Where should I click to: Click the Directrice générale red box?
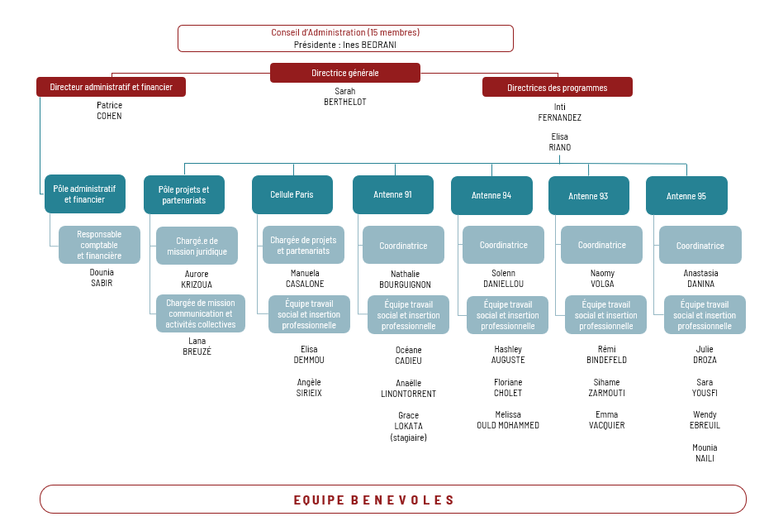344,73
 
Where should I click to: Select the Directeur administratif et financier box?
111,87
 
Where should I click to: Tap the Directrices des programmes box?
557,88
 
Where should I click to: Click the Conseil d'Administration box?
345,38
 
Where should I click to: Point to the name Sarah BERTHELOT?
344,96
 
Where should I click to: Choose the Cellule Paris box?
292,194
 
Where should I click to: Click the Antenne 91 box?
393,194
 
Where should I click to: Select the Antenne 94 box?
491,195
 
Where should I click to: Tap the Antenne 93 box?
588,196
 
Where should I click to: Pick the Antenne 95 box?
686,196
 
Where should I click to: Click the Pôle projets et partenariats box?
184,194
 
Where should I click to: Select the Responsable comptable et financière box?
100,245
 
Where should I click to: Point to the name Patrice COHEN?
109,111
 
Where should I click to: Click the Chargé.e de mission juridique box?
197,246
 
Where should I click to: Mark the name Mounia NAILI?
705,453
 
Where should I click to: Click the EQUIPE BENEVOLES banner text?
373,500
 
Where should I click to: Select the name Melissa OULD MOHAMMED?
508,420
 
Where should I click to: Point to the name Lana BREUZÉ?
197,347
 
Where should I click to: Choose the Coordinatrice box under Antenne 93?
602,245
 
